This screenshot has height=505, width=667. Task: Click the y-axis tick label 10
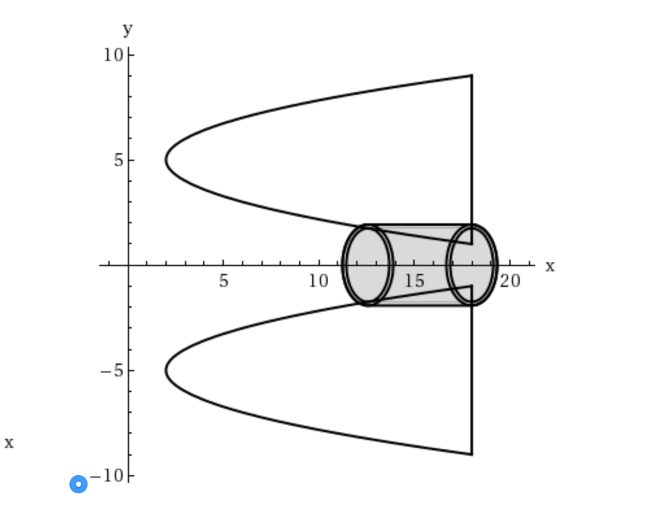coord(113,55)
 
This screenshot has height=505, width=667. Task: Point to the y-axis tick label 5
coord(119,160)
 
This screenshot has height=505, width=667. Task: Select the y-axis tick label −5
coord(111,371)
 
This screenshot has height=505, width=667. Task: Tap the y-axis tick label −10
coord(106,476)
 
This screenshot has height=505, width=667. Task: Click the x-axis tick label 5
coord(224,281)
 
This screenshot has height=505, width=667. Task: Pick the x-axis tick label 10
coord(319,281)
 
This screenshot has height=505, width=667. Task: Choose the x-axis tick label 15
coord(415,281)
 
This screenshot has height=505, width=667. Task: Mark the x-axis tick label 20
coord(511,281)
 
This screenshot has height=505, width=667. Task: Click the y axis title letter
coord(128,29)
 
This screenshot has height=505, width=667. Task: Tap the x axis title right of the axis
coord(550,266)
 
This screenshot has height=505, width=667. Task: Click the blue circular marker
coord(79,484)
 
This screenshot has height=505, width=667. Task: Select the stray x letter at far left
coord(9,443)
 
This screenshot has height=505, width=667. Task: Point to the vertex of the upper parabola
coord(166,160)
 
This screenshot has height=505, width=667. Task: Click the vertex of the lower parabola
coord(166,371)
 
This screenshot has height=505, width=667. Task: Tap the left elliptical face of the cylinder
coord(368,265)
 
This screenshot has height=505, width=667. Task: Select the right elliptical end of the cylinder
coord(472,265)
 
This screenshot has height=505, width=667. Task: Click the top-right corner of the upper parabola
coord(472,76)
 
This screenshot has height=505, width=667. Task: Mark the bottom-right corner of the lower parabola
coord(472,454)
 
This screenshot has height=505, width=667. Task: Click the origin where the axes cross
coord(129,265)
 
